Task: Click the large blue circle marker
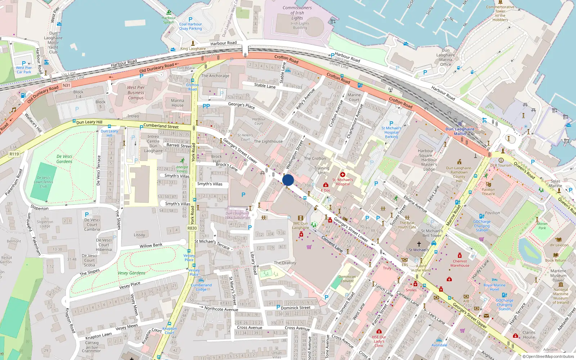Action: (288, 180)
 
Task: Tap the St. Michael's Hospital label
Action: (342, 182)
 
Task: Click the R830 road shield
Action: (192, 228)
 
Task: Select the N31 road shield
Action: (66, 85)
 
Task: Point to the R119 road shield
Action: (14, 154)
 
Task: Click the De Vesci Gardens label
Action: (64, 159)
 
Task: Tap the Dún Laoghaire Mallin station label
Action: (460, 131)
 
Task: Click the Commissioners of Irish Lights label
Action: (297, 13)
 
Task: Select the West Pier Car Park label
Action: (24, 70)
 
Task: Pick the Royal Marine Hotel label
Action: (494, 287)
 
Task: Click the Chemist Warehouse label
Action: (460, 263)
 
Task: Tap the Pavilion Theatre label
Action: (488, 192)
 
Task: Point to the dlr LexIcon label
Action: (559, 245)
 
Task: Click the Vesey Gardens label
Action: (131, 273)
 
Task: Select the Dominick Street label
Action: (295, 308)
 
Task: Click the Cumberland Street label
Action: (161, 126)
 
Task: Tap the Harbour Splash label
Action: (168, 20)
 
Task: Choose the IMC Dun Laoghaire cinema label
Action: (300, 225)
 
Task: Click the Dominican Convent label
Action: (347, 279)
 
